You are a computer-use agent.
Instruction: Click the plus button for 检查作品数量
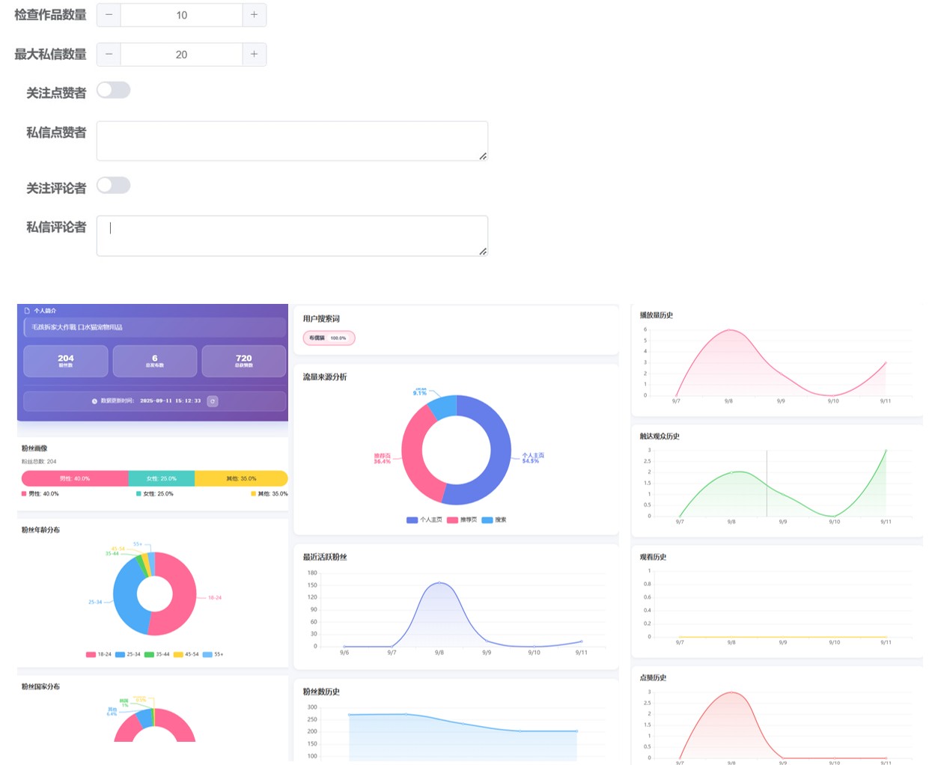254,15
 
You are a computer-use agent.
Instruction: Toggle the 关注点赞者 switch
114,91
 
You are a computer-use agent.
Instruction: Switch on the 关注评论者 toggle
114,186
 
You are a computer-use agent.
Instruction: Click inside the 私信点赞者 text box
292,141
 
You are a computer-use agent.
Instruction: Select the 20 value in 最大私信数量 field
181,55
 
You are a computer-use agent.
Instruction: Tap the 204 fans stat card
66,361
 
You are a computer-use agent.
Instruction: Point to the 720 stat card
244,361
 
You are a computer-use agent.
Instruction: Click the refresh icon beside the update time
213,401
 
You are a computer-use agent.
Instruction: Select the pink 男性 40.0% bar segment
75,478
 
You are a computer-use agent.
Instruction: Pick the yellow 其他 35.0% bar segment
241,478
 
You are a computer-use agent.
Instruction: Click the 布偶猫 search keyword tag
329,338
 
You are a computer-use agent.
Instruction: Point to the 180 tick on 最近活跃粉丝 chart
312,573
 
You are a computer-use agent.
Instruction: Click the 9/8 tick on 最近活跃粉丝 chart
439,653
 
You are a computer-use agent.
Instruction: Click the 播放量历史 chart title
656,315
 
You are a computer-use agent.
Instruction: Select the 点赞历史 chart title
653,677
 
